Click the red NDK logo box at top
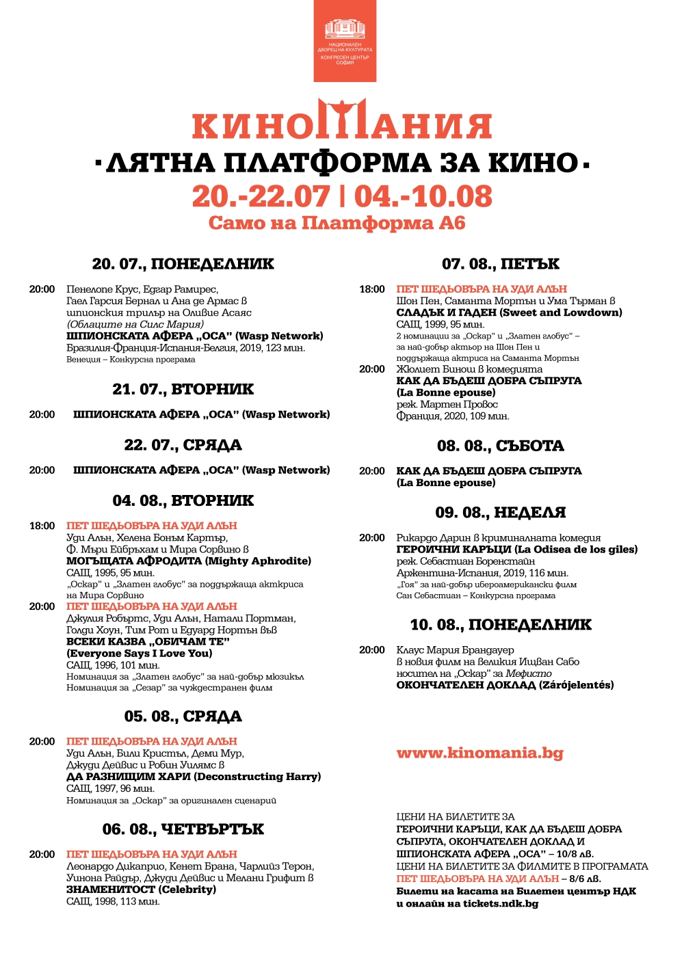345,41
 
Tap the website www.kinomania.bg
479,753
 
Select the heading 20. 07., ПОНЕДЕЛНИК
183,264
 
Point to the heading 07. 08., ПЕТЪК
500,264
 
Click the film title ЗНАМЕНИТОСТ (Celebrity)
141,889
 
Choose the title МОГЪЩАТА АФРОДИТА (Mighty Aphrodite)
188,561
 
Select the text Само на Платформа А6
337,224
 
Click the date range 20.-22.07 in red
261,197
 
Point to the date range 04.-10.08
423,197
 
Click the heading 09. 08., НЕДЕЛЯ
500,513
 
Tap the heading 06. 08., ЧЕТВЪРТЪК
183,829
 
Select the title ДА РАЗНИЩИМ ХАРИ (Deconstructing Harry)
194,777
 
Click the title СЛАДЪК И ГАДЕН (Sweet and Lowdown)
509,312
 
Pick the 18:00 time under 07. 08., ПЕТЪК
372,289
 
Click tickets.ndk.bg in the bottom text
501,904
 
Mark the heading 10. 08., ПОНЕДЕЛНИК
500,625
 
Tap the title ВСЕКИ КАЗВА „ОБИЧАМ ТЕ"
148,641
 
